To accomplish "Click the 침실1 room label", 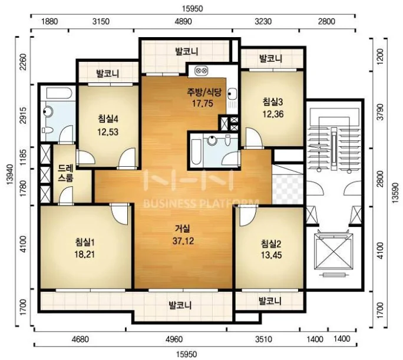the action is [x=85, y=242].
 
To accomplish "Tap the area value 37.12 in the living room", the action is [x=183, y=241].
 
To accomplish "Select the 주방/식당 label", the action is [x=204, y=93].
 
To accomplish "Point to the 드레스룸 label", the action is [x=65, y=173].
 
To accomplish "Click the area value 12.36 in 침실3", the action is [x=273, y=114].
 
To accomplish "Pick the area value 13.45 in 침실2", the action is [x=272, y=255].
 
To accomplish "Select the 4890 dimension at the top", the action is [x=183, y=21].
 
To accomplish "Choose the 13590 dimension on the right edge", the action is [x=396, y=193].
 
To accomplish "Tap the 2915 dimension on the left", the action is [x=23, y=115].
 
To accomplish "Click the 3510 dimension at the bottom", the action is [x=263, y=339].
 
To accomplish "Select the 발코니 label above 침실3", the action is [x=270, y=58].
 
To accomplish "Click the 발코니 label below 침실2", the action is [x=270, y=300].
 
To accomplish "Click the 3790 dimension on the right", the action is [x=379, y=112].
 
